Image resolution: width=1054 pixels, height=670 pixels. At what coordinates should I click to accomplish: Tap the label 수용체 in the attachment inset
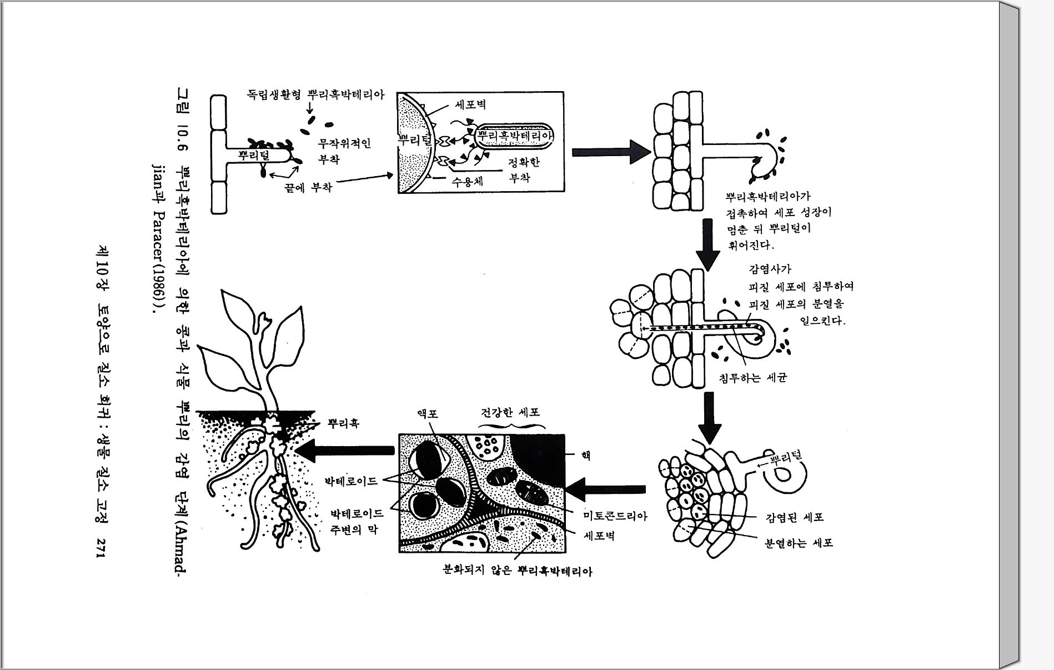(x=467, y=182)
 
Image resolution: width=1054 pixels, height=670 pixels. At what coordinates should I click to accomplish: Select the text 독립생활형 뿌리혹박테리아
(x=315, y=94)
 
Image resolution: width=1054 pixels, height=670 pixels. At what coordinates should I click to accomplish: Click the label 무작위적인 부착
(x=344, y=152)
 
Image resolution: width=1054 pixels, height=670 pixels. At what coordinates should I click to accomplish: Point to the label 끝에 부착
(x=308, y=188)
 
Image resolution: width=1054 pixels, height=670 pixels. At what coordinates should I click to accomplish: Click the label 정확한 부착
(x=523, y=170)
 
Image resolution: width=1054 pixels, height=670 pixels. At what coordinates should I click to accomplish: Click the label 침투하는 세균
(x=752, y=378)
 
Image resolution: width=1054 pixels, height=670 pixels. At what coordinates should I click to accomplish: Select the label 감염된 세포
(x=794, y=518)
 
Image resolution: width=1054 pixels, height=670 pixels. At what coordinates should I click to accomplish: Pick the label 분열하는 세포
(x=799, y=543)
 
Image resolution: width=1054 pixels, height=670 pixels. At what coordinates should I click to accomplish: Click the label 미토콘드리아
(x=615, y=516)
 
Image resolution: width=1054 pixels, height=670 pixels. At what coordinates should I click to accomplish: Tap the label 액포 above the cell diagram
(x=428, y=414)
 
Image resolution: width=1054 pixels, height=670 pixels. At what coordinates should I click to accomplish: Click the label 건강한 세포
(x=510, y=412)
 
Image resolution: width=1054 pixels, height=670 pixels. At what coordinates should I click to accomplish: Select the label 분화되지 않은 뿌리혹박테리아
(x=517, y=571)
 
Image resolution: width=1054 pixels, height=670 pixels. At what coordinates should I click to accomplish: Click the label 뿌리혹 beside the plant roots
(x=343, y=424)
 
